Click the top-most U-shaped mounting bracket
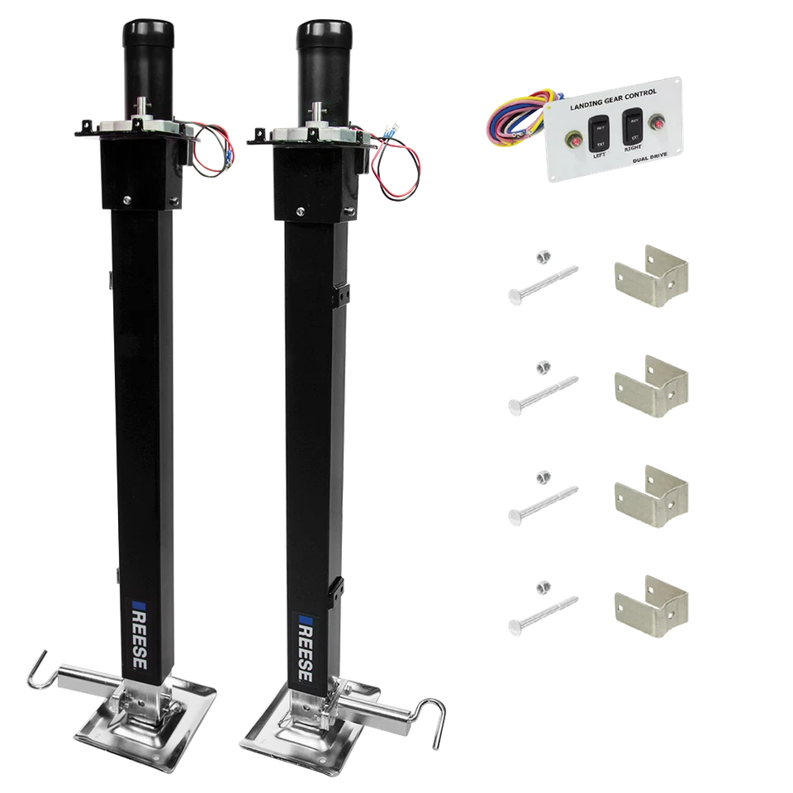[x=653, y=281]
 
